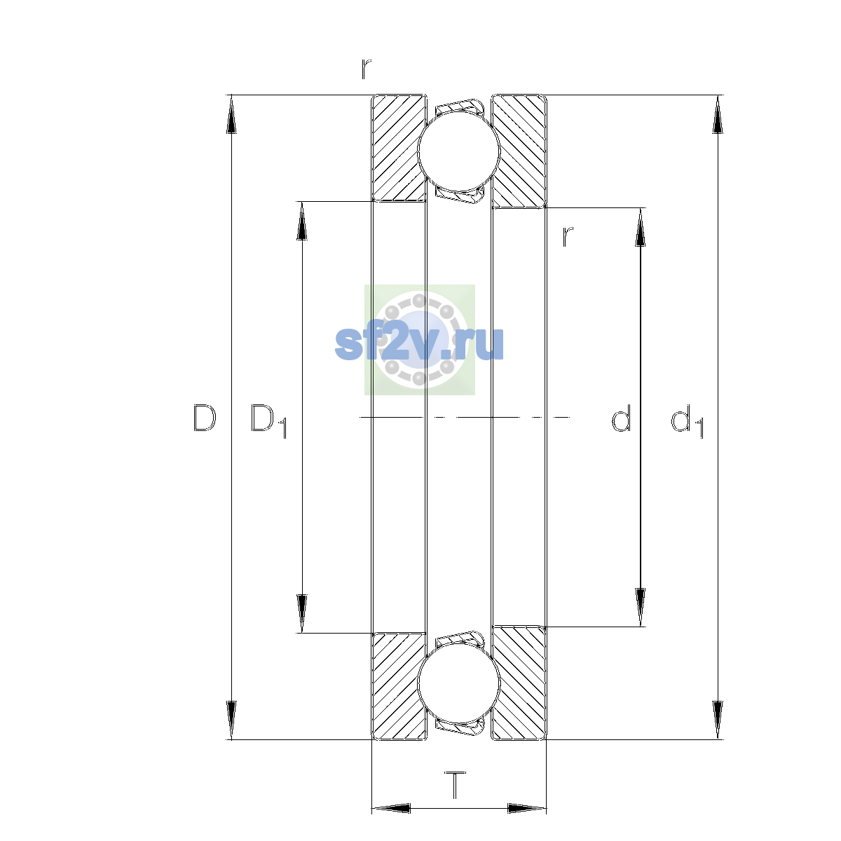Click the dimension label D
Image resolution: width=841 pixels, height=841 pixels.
205,418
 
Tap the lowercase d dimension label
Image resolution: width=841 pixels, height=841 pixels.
621,418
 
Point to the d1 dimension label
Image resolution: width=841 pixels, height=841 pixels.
687,420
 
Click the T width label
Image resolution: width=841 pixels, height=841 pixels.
456,785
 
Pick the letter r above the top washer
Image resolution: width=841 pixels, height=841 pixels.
366,69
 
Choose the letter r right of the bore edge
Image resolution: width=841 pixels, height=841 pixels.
568,237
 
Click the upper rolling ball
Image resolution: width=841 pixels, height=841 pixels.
459,151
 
